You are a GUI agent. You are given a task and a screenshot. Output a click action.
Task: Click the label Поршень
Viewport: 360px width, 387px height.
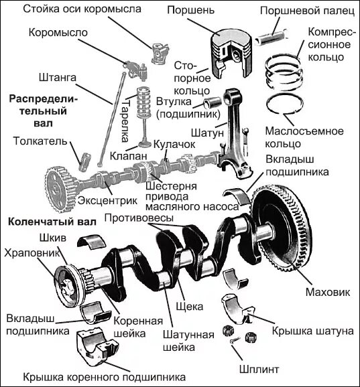coord(191,10)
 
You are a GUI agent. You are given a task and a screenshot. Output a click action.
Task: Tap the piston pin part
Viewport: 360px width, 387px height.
coord(271,37)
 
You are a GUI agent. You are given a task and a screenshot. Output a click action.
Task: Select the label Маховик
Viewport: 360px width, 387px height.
coord(328,292)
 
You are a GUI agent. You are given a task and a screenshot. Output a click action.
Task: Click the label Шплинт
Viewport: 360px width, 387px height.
coord(259,369)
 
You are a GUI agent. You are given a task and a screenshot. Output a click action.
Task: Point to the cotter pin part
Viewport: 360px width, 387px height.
coord(235,340)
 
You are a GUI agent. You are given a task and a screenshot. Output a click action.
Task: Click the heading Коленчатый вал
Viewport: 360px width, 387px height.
coord(52,222)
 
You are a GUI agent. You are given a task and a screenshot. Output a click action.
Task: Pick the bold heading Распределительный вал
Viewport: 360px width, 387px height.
coord(43,111)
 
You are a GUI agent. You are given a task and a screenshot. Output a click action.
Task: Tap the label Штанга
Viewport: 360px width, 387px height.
coord(58,78)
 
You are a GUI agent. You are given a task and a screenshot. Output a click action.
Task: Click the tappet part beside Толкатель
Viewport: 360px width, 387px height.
coord(84,161)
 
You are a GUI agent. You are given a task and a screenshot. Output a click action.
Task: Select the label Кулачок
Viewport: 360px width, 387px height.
coord(174,145)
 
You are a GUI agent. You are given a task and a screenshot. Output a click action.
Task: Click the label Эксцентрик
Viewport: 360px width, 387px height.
coord(107,200)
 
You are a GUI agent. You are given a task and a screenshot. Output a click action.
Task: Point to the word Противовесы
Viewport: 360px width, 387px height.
coord(139,218)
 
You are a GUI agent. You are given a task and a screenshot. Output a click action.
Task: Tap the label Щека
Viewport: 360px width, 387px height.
coord(190,307)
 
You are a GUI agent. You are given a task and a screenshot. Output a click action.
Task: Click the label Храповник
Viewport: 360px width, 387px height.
coord(32,253)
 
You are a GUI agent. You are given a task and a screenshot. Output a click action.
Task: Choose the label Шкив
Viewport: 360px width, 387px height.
coord(53,238)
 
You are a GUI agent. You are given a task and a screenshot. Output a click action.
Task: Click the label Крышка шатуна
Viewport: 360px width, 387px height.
coord(313,331)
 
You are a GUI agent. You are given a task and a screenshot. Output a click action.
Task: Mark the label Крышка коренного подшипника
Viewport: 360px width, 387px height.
coord(105,378)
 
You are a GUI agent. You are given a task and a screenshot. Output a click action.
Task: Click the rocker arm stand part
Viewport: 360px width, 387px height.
coord(160,54)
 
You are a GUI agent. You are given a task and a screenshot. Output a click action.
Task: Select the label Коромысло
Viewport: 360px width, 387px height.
coord(58,33)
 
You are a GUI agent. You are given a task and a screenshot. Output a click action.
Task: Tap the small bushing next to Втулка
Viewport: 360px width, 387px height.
coord(213,102)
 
